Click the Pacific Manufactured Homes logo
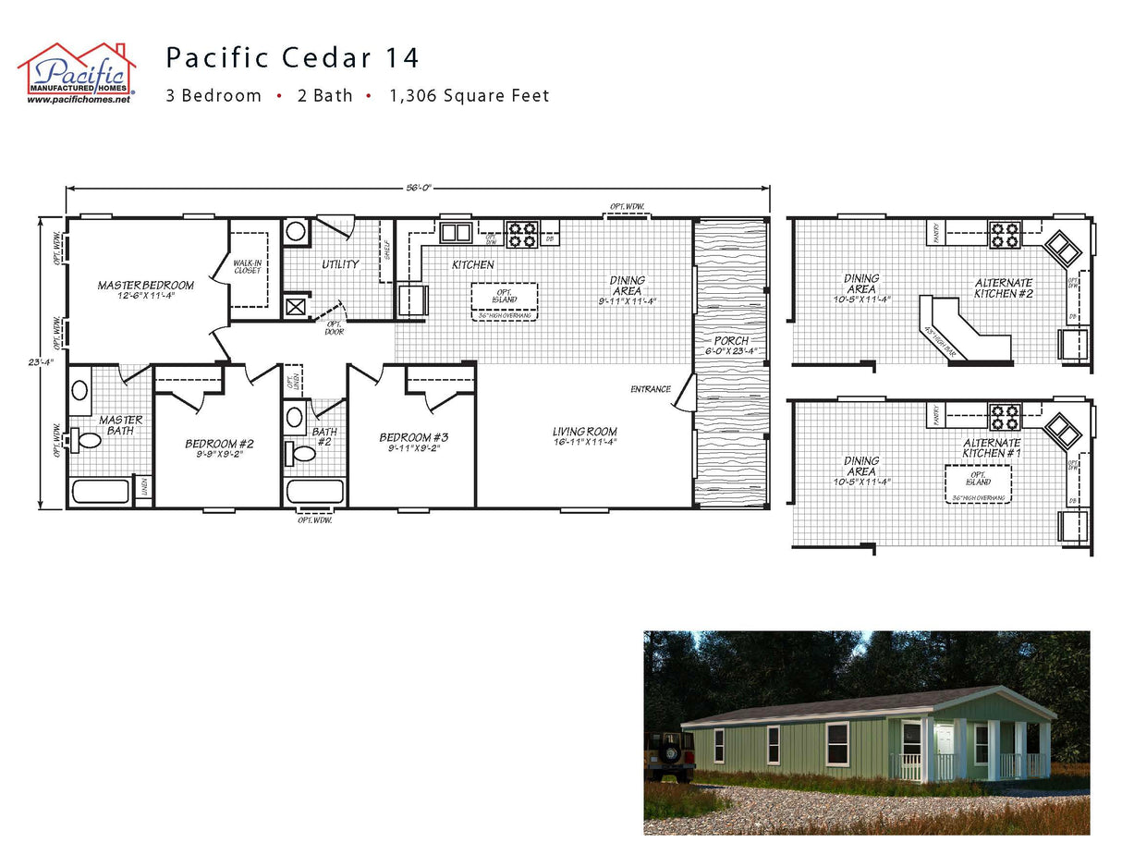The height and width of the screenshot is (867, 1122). (x=77, y=73)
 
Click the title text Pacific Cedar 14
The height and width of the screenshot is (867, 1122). (x=292, y=58)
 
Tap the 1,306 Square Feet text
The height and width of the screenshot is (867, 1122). (x=470, y=96)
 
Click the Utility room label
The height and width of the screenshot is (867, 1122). (x=340, y=265)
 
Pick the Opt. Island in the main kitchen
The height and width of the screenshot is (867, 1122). (x=504, y=297)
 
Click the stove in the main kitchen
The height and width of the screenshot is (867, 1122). (x=522, y=234)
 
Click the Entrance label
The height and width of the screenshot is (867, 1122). (x=651, y=389)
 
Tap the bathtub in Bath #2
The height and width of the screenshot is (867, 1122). (x=314, y=491)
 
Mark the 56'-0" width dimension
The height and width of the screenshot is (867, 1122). (x=419, y=188)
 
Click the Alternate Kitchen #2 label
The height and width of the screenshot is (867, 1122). (x=1004, y=287)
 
